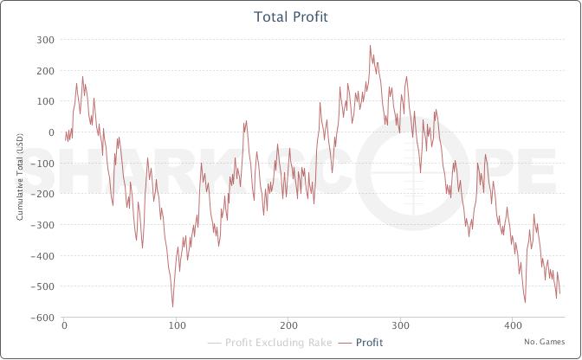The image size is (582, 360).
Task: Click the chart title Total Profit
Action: coord(290,16)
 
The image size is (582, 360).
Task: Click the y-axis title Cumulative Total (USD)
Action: coord(19,178)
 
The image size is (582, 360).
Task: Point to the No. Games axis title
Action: coord(544,342)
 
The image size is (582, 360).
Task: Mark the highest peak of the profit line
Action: coord(370,46)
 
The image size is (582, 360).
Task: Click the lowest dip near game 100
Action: coord(172,306)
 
